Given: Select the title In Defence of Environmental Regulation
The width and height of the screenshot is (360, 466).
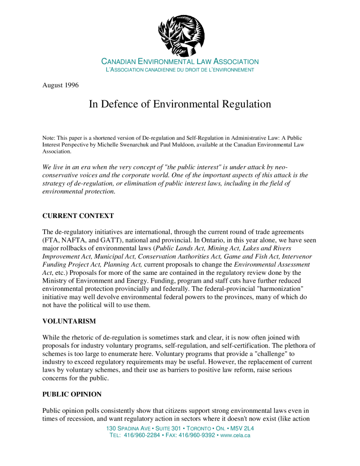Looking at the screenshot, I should point(180,104).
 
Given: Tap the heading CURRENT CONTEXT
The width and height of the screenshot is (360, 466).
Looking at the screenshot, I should point(78,216).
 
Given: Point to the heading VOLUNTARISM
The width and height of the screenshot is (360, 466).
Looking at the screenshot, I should point(69,321).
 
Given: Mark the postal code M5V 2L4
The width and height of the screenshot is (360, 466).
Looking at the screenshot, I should point(243,429).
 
